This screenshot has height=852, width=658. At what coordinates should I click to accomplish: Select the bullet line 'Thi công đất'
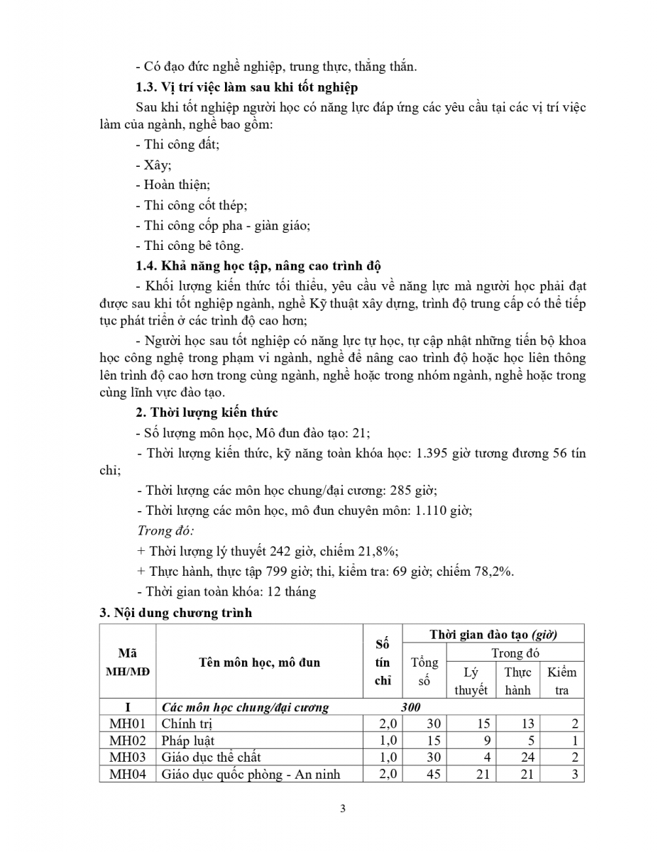point(177,145)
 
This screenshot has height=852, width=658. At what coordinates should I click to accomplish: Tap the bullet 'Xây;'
point(153,165)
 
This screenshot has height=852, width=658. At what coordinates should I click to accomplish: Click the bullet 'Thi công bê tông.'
point(189,246)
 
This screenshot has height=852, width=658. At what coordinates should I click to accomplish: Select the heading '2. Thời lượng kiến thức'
point(207,413)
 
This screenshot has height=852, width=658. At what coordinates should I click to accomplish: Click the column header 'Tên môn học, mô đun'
point(258,662)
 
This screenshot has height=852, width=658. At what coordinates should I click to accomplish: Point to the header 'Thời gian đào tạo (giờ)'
point(493,633)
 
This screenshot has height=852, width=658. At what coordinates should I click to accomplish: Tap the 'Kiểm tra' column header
point(561,681)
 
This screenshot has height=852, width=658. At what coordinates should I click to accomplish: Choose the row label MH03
point(128,757)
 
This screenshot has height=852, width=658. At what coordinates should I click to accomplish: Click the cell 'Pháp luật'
point(187,741)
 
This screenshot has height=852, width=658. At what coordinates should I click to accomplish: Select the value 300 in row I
point(410,707)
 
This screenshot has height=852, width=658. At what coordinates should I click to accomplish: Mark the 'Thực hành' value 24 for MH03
point(527,757)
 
